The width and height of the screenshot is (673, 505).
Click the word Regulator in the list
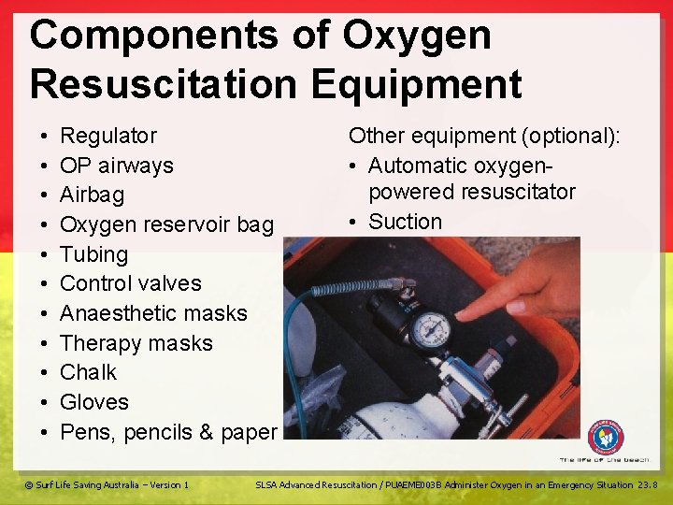coord(108,137)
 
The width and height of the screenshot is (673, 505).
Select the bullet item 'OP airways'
coord(116,166)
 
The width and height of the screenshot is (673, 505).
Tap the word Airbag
coord(92,195)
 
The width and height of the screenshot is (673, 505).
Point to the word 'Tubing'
coord(93,254)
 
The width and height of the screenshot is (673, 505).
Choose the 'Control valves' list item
coord(130,283)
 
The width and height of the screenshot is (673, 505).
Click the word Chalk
coord(88,372)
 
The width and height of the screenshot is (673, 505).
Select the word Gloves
coord(93,402)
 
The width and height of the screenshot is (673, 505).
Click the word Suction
coord(405,222)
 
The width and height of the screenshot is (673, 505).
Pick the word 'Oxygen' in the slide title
coord(416,36)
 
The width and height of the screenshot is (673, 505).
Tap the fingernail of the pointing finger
coord(515,305)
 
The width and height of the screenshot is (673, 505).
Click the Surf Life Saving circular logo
coord(606,437)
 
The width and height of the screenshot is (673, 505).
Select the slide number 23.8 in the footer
coord(649,484)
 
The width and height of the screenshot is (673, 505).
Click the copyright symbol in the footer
coord(29,484)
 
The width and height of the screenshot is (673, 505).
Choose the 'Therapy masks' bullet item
coord(136,343)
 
